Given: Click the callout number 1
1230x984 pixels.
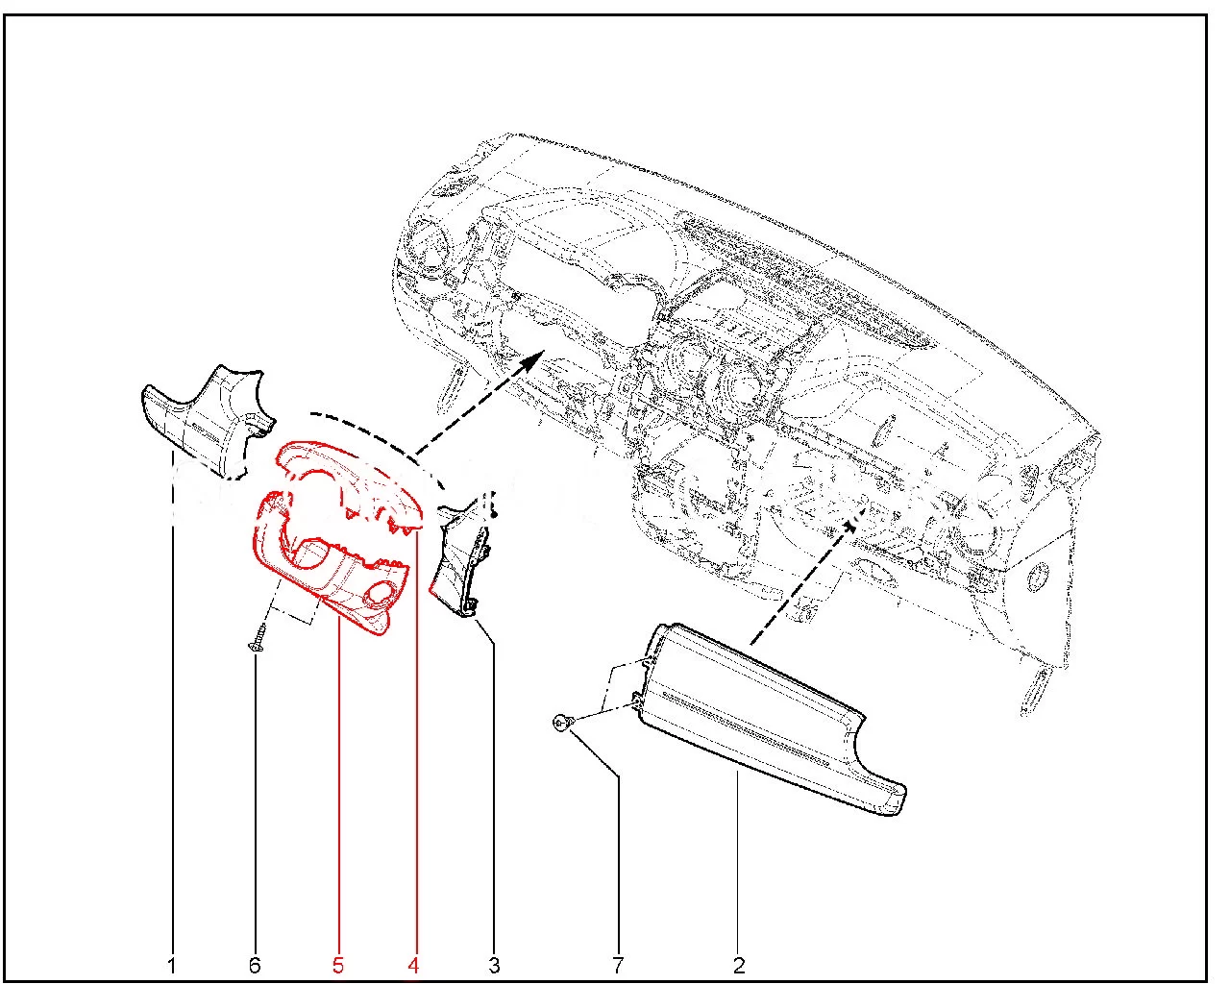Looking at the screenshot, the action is pos(171,966).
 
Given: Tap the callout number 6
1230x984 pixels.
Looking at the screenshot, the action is pos(255,966).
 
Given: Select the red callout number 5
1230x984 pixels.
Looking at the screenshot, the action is pos(338,966).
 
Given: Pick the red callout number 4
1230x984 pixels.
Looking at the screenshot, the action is pos(413,966).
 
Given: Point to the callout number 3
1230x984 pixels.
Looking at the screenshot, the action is pos(494,966).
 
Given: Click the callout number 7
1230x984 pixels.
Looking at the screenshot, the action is pos(618,966).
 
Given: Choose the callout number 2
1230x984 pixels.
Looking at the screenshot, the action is pos(739,966).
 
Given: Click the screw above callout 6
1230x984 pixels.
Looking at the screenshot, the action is pos(258,638).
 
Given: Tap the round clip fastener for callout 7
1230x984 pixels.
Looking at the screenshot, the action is pos(560,724).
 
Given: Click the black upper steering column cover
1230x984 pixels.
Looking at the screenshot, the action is pos(206,420).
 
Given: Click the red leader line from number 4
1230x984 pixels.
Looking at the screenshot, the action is pos(417,741).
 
